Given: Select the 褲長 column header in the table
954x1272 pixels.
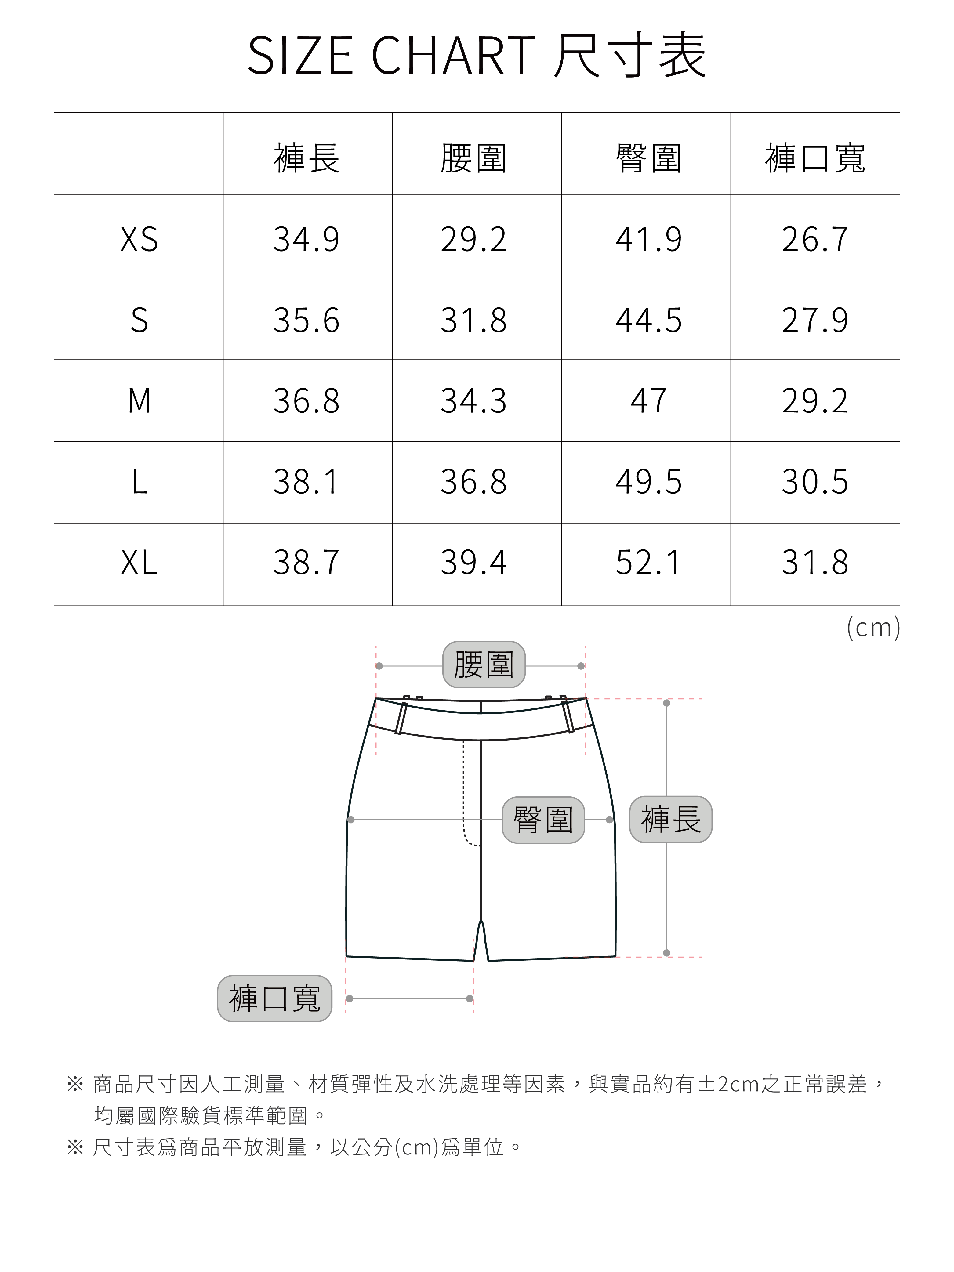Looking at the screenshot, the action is click(x=307, y=158).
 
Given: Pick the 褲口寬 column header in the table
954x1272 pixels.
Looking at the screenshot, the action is click(x=815, y=158).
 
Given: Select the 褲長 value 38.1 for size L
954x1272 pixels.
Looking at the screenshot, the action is click(x=307, y=482).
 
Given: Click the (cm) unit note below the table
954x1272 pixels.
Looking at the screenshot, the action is click(x=873, y=627).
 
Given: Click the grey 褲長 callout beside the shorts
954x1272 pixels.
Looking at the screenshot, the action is click(x=670, y=819).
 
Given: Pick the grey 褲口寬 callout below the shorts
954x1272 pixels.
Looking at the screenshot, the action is click(x=274, y=998).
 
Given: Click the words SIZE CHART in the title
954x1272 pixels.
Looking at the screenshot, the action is click(x=391, y=56).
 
